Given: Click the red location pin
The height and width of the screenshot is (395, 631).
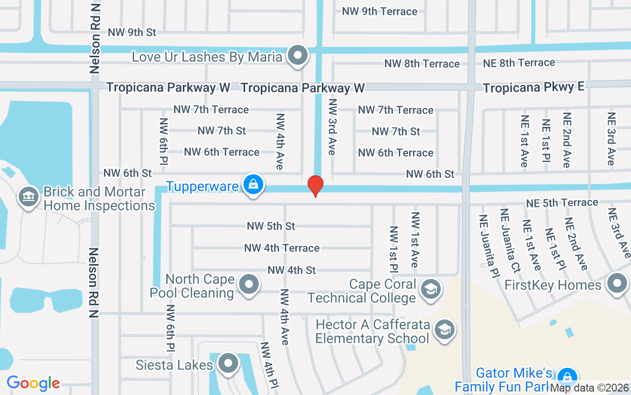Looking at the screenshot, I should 315,186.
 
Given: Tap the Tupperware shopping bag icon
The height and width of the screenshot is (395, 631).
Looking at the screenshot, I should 253,184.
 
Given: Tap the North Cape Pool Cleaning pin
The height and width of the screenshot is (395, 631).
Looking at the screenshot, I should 248,284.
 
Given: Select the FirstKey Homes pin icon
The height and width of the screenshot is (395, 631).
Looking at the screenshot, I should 617,284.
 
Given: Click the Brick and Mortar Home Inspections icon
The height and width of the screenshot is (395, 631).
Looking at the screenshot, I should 29,197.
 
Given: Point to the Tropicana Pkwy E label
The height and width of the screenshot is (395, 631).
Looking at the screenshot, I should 533,87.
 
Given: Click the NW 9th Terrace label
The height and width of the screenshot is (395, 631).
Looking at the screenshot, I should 380,11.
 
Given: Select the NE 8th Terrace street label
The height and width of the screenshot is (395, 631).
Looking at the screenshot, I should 519,63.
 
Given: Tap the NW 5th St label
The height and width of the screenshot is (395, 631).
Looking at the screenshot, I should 271,226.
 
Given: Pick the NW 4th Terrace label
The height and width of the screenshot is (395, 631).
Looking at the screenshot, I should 282,248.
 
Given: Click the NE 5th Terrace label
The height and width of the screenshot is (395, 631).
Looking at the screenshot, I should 562,203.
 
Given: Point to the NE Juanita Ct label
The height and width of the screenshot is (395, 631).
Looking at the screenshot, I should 510,240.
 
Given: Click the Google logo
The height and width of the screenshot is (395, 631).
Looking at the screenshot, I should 33,383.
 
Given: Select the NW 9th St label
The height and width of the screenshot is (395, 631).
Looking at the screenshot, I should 132,33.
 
